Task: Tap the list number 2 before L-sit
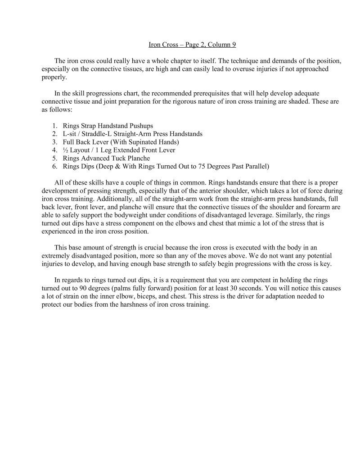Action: pos(54,134)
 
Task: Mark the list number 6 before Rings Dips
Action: pos(54,166)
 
